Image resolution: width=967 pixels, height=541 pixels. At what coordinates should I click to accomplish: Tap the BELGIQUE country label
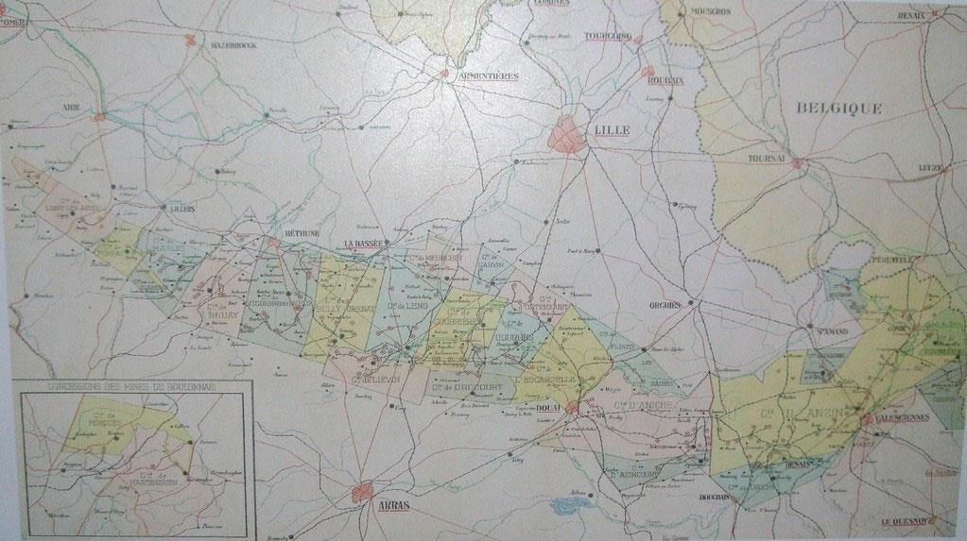(838, 108)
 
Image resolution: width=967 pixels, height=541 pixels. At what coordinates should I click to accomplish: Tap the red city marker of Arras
(361, 491)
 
